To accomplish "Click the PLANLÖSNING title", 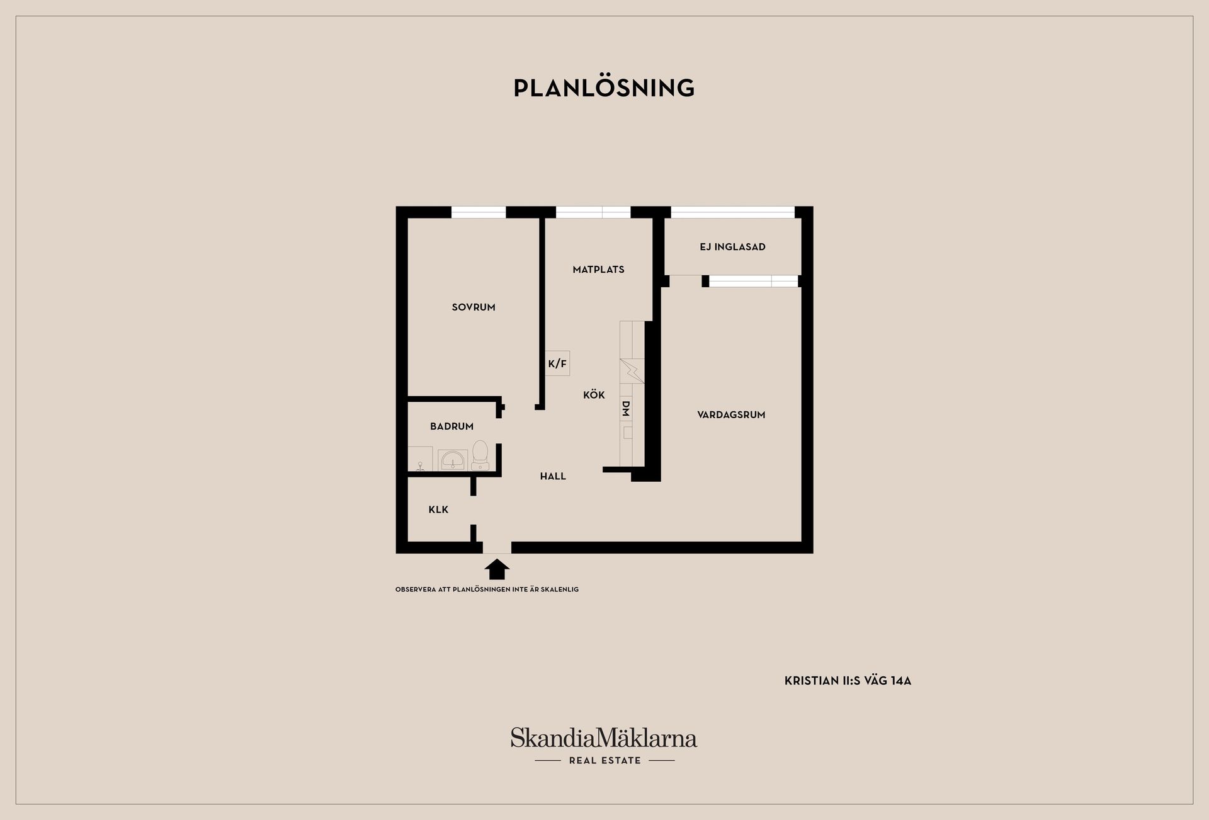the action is (604, 88).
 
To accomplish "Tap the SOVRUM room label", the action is (474, 307).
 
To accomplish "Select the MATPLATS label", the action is (598, 270).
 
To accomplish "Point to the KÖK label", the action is (594, 394).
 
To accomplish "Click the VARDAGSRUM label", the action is (731, 414).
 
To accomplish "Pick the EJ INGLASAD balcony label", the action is (732, 247).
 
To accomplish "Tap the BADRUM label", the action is (451, 426).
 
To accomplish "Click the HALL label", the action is (553, 476).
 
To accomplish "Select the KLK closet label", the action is (438, 510).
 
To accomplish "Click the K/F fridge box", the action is (557, 363).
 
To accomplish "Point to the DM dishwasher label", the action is (626, 409).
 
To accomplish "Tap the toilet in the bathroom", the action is (480, 455).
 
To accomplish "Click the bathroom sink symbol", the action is (453, 460).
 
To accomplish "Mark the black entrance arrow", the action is (497, 569).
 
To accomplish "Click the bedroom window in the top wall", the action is (479, 212).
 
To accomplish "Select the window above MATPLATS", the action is (593, 212).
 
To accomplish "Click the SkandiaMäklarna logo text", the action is (604, 737).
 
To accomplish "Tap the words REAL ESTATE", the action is (604, 760).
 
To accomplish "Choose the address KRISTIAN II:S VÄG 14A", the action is (848, 681).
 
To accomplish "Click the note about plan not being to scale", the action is (487, 589).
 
